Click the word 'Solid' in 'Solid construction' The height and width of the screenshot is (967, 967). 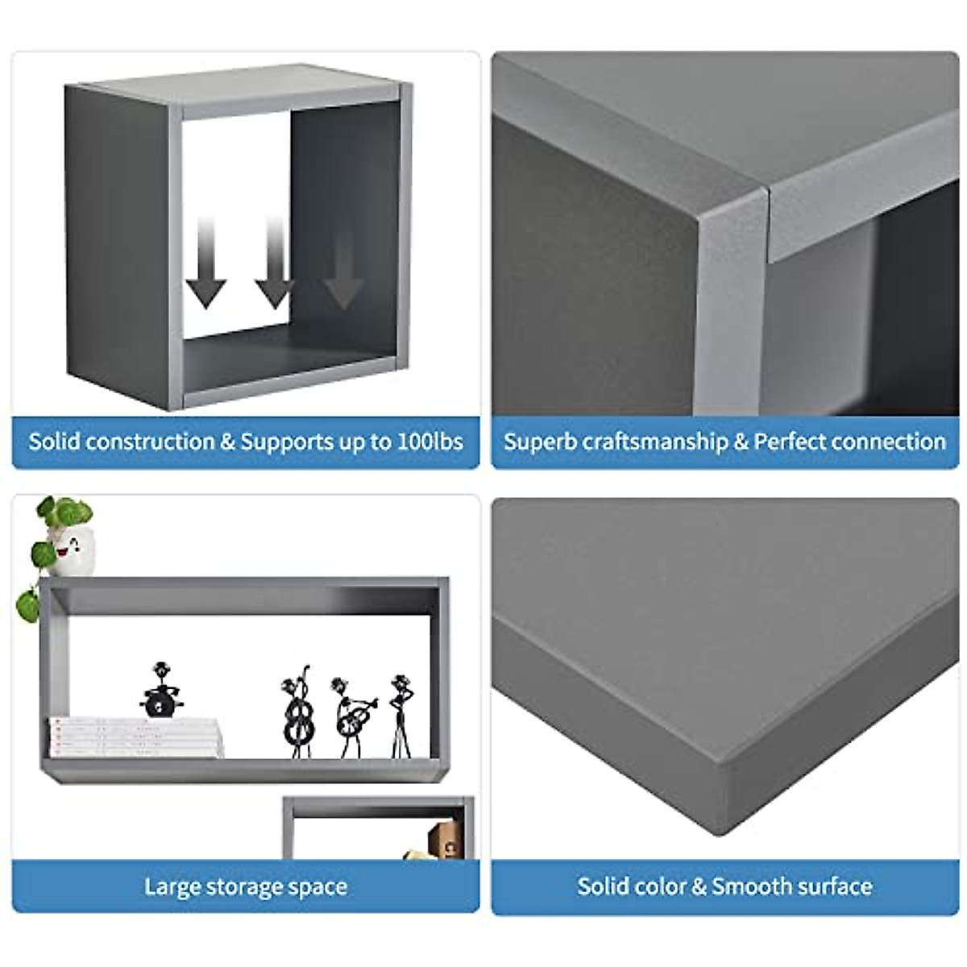point(54,442)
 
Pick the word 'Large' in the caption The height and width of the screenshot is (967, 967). point(172,887)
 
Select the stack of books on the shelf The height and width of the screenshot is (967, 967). point(135,737)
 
